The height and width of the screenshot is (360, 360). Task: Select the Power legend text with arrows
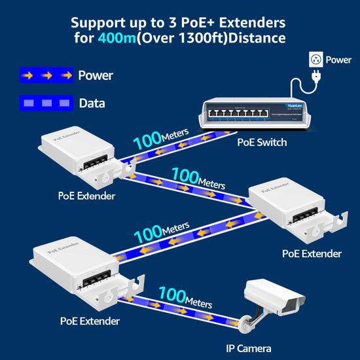[96, 75]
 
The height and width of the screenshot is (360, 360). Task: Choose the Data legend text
[92, 103]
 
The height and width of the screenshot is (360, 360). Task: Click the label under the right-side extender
[312, 253]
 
